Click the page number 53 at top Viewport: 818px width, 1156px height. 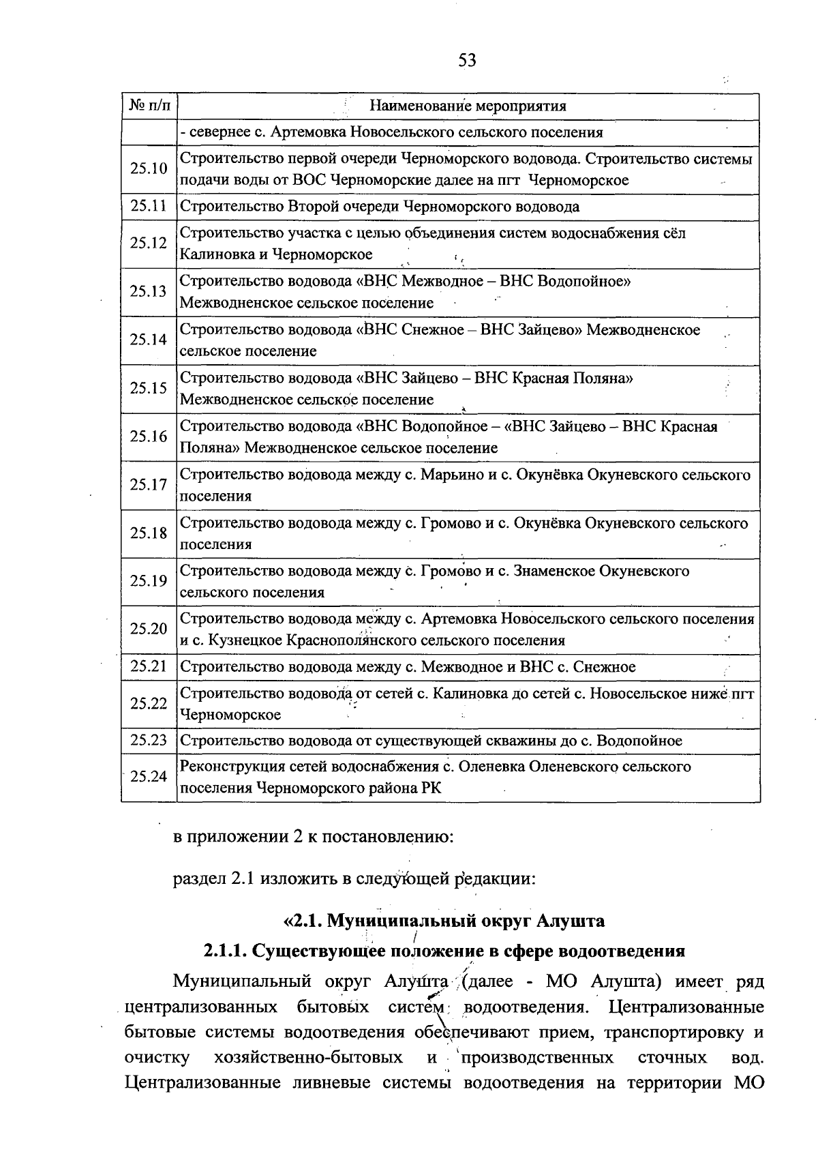pyautogui.click(x=467, y=61)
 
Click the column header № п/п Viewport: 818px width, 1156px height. pyautogui.click(x=149, y=106)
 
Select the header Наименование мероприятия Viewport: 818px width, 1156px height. pyautogui.click(x=468, y=106)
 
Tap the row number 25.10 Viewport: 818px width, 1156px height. pyautogui.click(x=149, y=168)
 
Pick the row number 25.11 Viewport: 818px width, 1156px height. pyautogui.click(x=149, y=206)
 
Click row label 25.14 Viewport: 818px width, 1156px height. pyautogui.click(x=149, y=340)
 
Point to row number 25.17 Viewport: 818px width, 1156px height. pyautogui.click(x=149, y=485)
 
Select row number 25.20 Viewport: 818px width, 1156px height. pyautogui.click(x=149, y=629)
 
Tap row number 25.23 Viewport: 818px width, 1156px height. pyautogui.click(x=149, y=740)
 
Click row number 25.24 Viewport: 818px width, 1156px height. pyautogui.click(x=149, y=776)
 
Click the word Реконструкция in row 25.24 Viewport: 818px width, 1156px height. pyautogui.click(x=232, y=767)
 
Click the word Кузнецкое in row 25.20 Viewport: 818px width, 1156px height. pyautogui.click(x=245, y=640)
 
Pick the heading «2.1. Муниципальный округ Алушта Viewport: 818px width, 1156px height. pyautogui.click(x=444, y=921)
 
